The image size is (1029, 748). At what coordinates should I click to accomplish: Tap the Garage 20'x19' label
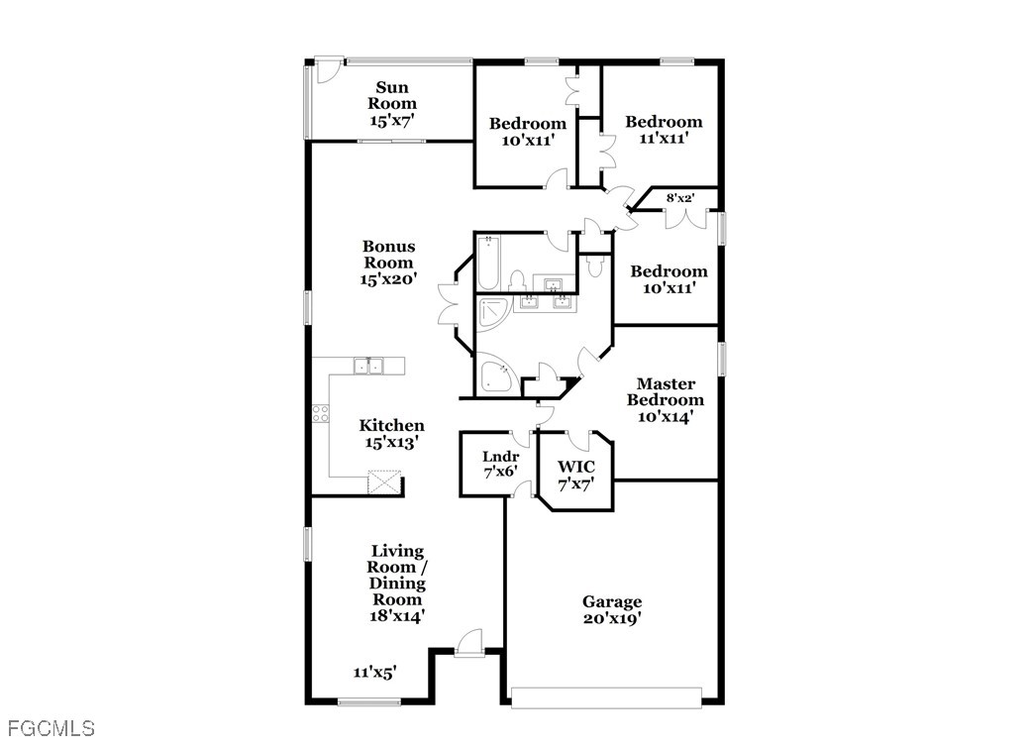click(x=612, y=610)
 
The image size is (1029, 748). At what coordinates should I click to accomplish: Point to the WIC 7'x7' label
click(x=576, y=476)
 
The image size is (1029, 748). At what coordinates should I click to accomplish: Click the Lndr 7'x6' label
click(x=501, y=464)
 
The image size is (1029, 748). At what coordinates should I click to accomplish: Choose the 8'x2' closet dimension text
click(x=680, y=197)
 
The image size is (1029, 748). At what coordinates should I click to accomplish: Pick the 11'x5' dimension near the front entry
click(x=374, y=672)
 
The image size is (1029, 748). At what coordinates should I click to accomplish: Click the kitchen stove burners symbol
click(x=320, y=414)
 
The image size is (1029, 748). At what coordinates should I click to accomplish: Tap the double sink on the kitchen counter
click(x=368, y=366)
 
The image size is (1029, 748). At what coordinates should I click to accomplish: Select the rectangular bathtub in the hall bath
click(x=489, y=263)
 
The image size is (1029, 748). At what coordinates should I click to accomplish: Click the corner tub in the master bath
click(x=497, y=374)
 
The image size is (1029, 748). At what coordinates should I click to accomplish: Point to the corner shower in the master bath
click(x=493, y=316)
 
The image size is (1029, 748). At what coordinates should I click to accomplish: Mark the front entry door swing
click(x=469, y=642)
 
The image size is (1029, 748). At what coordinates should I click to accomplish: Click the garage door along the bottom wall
click(x=606, y=697)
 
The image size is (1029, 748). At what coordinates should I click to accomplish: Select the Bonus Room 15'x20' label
click(x=388, y=263)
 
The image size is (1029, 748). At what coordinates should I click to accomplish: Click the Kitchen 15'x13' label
click(x=392, y=434)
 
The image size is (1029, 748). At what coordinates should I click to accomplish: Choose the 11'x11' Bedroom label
click(x=664, y=130)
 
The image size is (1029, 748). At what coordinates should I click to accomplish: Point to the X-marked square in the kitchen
click(x=384, y=481)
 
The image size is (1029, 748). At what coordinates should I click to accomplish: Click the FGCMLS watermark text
click(x=51, y=728)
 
